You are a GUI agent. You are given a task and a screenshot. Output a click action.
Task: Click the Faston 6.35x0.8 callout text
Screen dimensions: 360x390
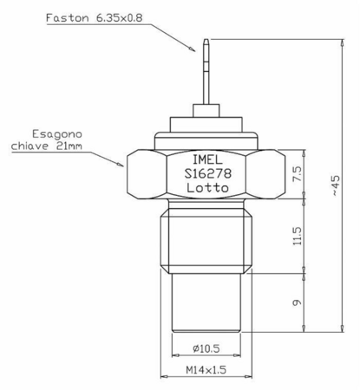click(x=95, y=18)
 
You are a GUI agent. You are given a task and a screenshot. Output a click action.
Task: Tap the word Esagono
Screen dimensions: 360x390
click(x=57, y=134)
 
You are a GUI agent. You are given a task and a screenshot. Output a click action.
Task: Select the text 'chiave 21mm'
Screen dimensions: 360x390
click(x=47, y=146)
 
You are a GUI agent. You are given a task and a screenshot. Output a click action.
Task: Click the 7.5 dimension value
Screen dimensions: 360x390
click(x=298, y=173)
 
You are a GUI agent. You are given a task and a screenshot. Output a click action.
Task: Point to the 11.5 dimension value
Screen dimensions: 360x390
click(x=298, y=236)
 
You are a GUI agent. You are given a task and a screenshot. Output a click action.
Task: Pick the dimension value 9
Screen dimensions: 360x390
click(x=298, y=302)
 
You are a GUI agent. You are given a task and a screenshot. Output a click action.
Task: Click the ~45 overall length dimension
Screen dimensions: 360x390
click(x=336, y=185)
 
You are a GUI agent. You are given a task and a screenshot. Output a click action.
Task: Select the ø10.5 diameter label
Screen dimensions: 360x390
click(x=206, y=348)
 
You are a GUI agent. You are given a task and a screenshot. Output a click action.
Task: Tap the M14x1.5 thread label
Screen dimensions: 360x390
click(x=206, y=370)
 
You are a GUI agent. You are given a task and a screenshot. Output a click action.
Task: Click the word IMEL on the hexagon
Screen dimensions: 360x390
click(x=207, y=159)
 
